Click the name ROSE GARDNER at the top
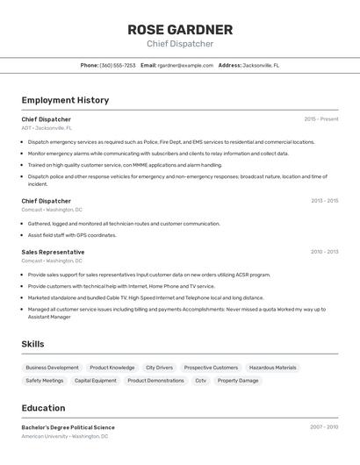[180, 30]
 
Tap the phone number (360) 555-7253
[118, 65]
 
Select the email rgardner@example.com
[185, 65]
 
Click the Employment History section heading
[65, 100]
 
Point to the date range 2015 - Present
[321, 119]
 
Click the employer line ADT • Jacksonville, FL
[47, 128]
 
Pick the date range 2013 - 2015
[324, 201]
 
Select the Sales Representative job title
[53, 252]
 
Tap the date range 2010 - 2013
[324, 252]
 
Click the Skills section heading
[32, 344]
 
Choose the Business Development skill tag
[52, 368]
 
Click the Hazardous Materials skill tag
[272, 368]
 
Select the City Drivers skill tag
[159, 368]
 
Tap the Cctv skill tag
[201, 381]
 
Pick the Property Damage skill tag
[238, 381]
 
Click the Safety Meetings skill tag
[45, 381]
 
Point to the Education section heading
[43, 408]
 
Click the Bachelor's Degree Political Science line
[68, 427]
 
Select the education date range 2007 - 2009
[324, 427]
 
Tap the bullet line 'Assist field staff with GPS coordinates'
[72, 235]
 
